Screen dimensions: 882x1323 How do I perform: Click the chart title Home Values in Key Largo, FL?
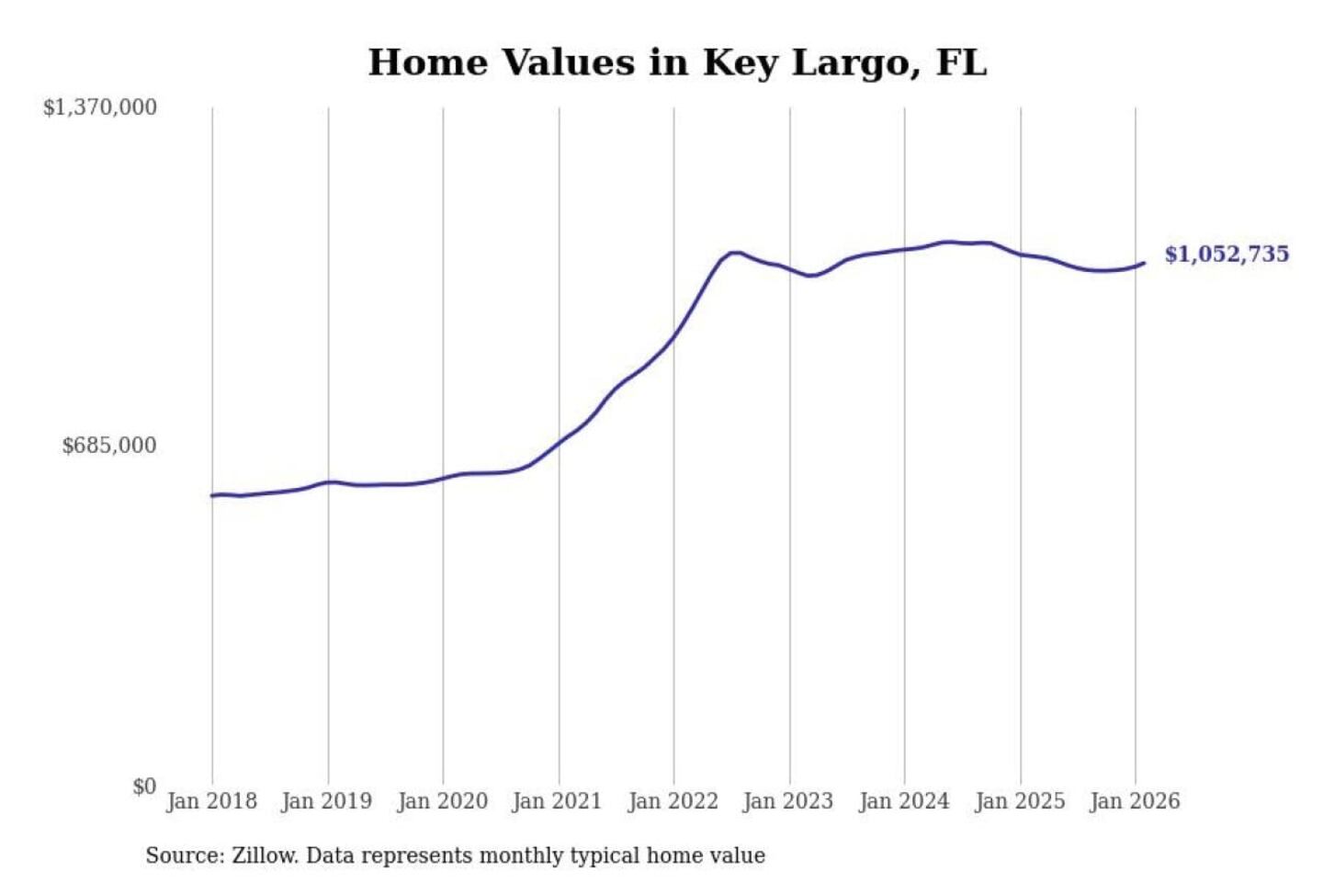677,62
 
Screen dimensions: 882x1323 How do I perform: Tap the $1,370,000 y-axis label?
100,107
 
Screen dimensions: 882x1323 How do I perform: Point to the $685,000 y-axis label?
109,446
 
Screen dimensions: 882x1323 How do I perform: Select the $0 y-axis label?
144,786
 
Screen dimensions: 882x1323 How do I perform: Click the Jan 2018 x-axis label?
211,801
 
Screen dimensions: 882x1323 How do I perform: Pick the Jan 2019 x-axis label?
326,801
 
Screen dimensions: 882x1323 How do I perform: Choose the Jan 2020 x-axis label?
442,801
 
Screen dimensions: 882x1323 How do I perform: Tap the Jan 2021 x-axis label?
557,801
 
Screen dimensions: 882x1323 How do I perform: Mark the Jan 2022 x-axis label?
673,801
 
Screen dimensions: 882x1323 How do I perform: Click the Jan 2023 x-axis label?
787,801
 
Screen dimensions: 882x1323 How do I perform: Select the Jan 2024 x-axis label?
903,801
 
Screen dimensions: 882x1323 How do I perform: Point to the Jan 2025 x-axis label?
1019,801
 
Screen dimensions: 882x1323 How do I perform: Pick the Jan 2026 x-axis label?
1134,801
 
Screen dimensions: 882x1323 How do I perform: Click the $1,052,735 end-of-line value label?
1227,254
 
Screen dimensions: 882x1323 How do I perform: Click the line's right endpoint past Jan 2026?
1144,264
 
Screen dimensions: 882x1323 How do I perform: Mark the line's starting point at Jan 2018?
212,495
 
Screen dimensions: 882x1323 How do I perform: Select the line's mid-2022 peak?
734,252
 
